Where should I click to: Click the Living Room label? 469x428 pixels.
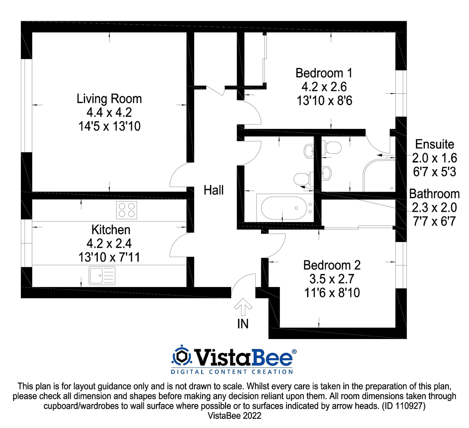pyautogui.click(x=109, y=99)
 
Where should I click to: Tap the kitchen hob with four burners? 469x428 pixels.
pyautogui.click(x=126, y=210)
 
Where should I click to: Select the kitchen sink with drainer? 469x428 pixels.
pyautogui.click(x=102, y=275)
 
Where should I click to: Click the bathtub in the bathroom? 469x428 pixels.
pyautogui.click(x=284, y=208)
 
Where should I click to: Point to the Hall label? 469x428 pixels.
pyautogui.click(x=214, y=190)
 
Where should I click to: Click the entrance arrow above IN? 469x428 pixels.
pyautogui.click(x=243, y=307)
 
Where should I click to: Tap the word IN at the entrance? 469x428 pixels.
pyautogui.click(x=243, y=324)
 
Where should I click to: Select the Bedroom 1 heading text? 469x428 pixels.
pyautogui.click(x=324, y=73)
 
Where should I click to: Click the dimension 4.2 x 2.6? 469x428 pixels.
pyautogui.click(x=324, y=87)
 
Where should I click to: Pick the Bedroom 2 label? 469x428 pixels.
pyautogui.click(x=332, y=265)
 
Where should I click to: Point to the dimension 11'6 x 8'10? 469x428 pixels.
pyautogui.click(x=332, y=293)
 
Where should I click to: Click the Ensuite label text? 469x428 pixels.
pyautogui.click(x=435, y=144)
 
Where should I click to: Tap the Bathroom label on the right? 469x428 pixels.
pyautogui.click(x=434, y=194)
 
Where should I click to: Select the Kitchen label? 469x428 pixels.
pyautogui.click(x=111, y=230)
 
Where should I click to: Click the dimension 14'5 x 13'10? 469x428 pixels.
pyautogui.click(x=109, y=126)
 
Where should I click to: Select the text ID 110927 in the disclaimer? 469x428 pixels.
pyautogui.click(x=403, y=406)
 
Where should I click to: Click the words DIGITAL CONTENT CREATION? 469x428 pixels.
pyautogui.click(x=232, y=372)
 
